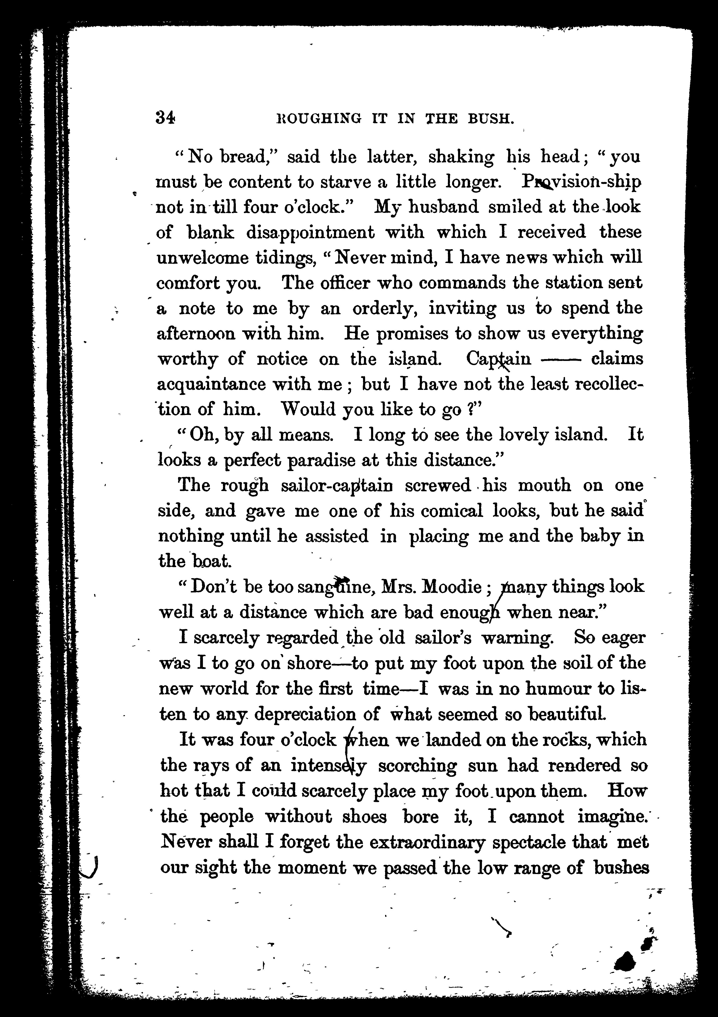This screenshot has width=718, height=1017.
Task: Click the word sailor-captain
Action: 337,486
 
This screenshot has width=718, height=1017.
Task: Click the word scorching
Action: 417,766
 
